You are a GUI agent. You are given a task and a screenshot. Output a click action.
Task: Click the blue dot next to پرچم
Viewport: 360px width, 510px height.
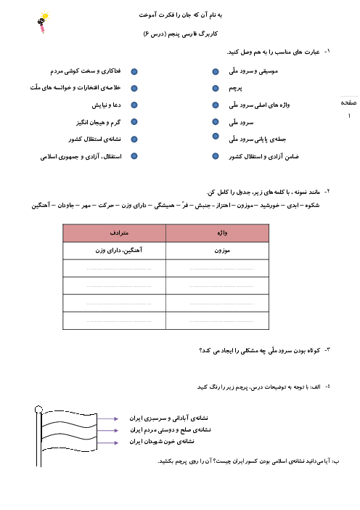216,88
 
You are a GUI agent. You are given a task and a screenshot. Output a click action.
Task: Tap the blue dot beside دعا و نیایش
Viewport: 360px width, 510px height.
134,105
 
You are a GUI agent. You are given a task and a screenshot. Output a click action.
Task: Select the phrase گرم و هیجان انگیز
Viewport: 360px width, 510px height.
99,123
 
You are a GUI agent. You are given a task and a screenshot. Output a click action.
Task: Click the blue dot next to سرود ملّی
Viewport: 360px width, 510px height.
216,121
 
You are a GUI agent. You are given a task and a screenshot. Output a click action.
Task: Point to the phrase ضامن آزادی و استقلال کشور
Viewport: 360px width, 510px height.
263,157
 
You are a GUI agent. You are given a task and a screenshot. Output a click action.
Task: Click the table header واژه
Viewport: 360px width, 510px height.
222,233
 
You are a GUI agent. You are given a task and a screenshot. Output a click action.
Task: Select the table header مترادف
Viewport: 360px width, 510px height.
119,233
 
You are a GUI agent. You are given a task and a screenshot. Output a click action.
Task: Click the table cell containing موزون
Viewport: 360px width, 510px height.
222,251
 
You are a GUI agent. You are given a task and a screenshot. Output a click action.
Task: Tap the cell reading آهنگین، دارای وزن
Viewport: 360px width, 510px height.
118,251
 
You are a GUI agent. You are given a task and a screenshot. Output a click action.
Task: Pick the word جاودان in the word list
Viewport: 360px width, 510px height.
66,206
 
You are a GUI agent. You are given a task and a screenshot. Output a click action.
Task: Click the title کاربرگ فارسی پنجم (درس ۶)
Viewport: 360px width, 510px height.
180,34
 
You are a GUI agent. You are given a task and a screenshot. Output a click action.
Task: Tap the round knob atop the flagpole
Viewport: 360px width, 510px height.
38,409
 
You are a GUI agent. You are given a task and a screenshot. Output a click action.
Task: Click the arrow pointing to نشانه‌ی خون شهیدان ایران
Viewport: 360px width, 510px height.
107,442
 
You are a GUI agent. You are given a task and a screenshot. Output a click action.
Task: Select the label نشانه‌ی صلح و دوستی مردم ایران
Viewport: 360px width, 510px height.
171,430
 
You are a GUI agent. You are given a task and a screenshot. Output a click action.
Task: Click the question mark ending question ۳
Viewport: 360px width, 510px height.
201,351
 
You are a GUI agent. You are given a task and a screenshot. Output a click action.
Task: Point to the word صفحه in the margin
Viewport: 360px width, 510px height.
348,102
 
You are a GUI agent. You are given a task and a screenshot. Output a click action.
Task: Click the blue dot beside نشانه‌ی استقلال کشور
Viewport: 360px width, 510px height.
134,139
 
